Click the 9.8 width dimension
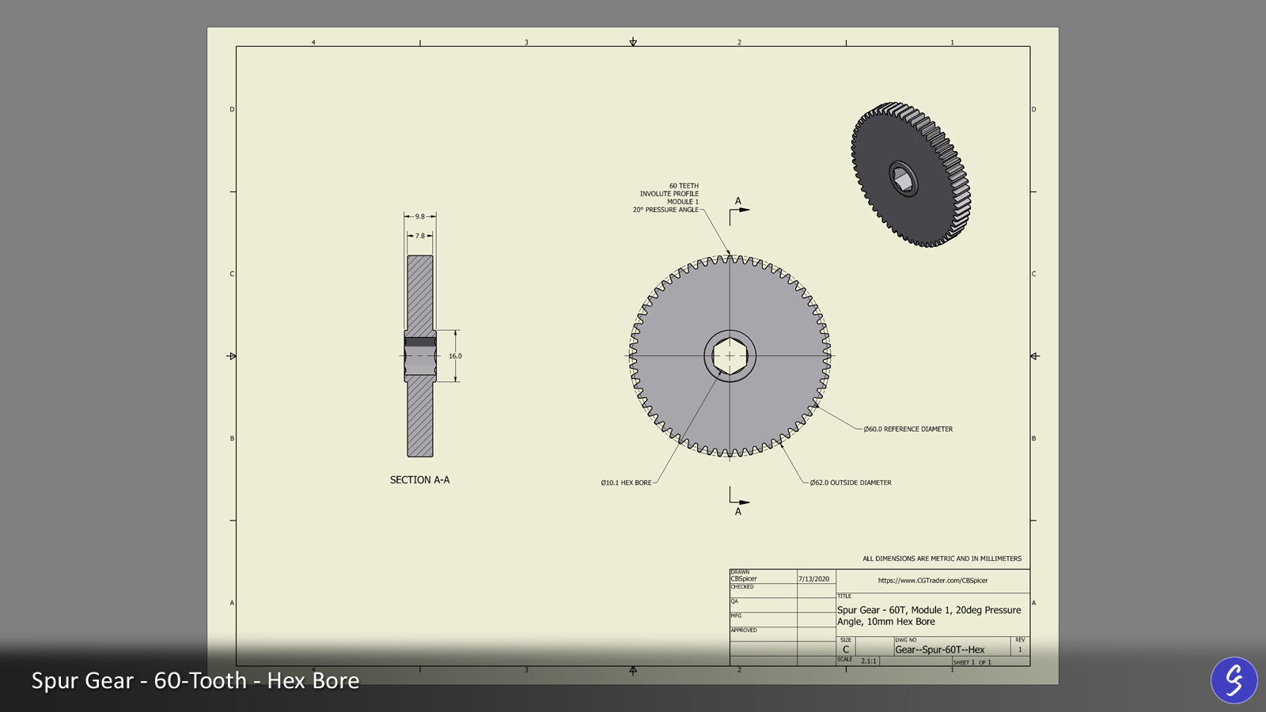click(420, 216)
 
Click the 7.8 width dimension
click(420, 236)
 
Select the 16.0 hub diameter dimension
click(456, 356)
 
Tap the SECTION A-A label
click(419, 480)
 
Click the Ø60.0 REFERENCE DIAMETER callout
click(908, 430)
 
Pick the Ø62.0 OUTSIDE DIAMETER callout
click(851, 483)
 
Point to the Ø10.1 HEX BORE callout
click(626, 483)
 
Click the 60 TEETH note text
click(684, 186)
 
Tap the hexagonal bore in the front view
click(730, 356)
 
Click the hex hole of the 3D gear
click(903, 180)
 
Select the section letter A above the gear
click(738, 201)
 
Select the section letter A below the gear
click(738, 512)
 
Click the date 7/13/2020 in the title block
click(813, 579)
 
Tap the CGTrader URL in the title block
click(933, 581)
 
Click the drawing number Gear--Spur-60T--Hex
click(940, 650)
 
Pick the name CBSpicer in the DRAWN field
click(744, 579)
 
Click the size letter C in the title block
click(846, 650)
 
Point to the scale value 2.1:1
click(869, 661)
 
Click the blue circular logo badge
click(1234, 680)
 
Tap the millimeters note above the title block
click(942, 559)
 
